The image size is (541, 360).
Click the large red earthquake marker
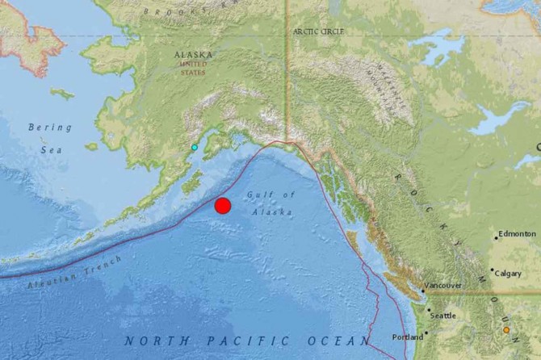[223, 205]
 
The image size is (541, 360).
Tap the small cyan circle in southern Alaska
[194, 148]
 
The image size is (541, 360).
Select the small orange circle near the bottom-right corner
[506, 329]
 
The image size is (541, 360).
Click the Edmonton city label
[517, 234]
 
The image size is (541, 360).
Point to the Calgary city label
[509, 273]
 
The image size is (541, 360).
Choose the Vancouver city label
[443, 286]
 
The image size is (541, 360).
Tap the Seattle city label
[442, 316]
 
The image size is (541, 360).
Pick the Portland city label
[407, 337]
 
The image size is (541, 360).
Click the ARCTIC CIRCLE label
[319, 31]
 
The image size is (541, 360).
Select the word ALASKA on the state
[194, 55]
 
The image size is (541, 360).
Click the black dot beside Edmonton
[496, 237]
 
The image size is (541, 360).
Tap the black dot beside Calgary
[492, 270]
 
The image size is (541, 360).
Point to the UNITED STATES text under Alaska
[194, 69]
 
